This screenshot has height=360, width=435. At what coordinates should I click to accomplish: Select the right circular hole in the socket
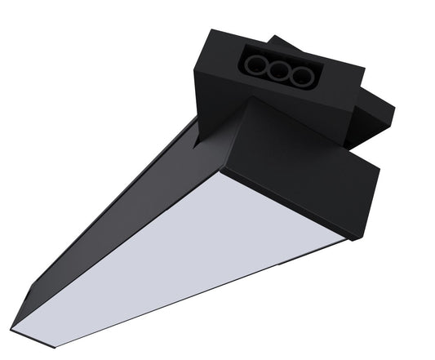coord(304,78)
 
